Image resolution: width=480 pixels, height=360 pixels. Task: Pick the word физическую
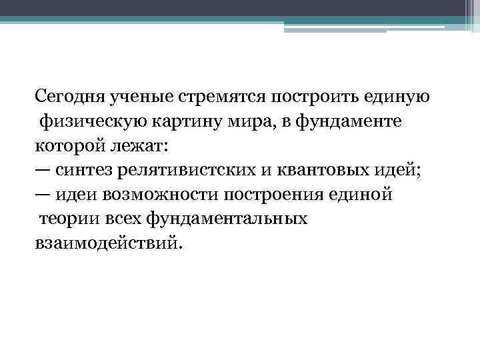pyautogui.click(x=87, y=121)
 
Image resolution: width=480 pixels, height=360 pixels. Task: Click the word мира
pyautogui.click(x=248, y=121)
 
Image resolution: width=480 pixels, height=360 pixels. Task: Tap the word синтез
pyautogui.click(x=83, y=170)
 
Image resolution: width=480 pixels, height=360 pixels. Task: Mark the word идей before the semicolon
pyautogui.click(x=396, y=170)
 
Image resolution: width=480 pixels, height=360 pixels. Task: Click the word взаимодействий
pyautogui.click(x=106, y=243)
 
